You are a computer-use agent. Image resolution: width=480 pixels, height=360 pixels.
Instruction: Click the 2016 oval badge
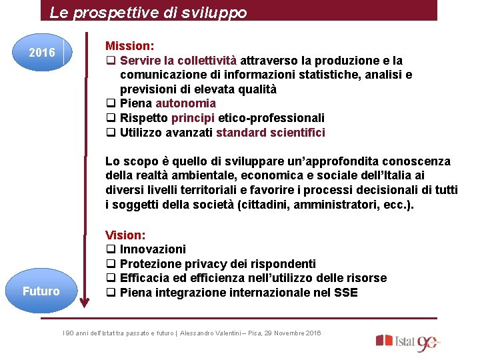pos(42,52)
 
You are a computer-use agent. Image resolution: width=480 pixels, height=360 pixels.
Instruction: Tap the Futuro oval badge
pos(41,291)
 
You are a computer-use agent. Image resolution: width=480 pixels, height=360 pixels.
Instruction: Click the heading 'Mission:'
pos(130,46)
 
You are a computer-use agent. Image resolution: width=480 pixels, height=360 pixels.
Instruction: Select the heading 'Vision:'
pos(125,235)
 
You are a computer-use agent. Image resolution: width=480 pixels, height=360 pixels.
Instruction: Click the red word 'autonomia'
pos(185,103)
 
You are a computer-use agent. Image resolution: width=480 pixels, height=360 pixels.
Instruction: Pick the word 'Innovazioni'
pos(153,249)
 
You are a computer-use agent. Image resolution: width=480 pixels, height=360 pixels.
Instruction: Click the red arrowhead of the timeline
pos(84,303)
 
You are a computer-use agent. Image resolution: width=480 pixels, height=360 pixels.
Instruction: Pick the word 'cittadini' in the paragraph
pos(265,205)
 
